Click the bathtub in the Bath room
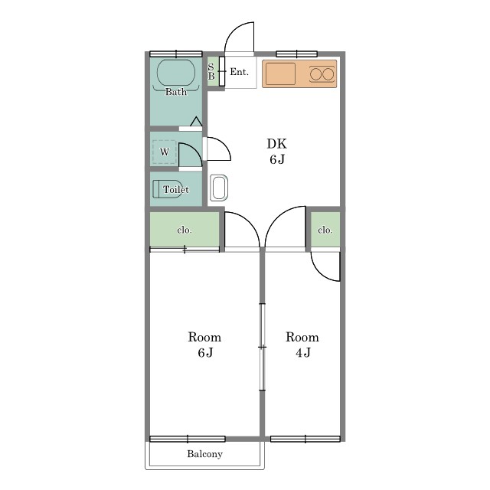click(176, 73)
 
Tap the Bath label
click(176, 92)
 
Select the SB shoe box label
click(211, 71)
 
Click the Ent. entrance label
click(240, 72)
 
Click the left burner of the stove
click(315, 74)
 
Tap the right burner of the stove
click(328, 74)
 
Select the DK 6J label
click(277, 152)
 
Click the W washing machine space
click(165, 152)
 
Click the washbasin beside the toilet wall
click(219, 188)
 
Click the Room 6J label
click(204, 345)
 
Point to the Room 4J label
click(302, 345)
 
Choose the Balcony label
click(204, 454)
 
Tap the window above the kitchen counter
click(297, 54)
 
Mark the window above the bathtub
click(176, 54)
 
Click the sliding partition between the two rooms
click(263, 347)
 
